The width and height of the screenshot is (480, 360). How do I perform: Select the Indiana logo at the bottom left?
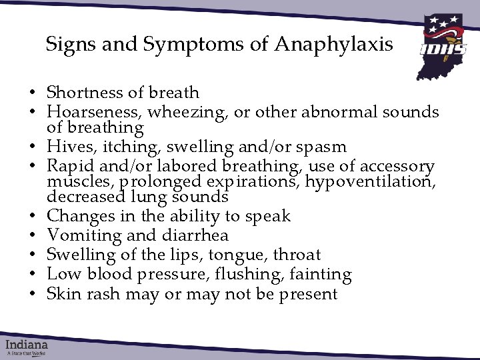click(x=27, y=347)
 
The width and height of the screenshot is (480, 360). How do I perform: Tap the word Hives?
click(x=66, y=147)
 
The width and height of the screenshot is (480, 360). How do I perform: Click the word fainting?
click(x=322, y=275)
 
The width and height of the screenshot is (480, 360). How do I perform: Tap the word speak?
click(x=267, y=216)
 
